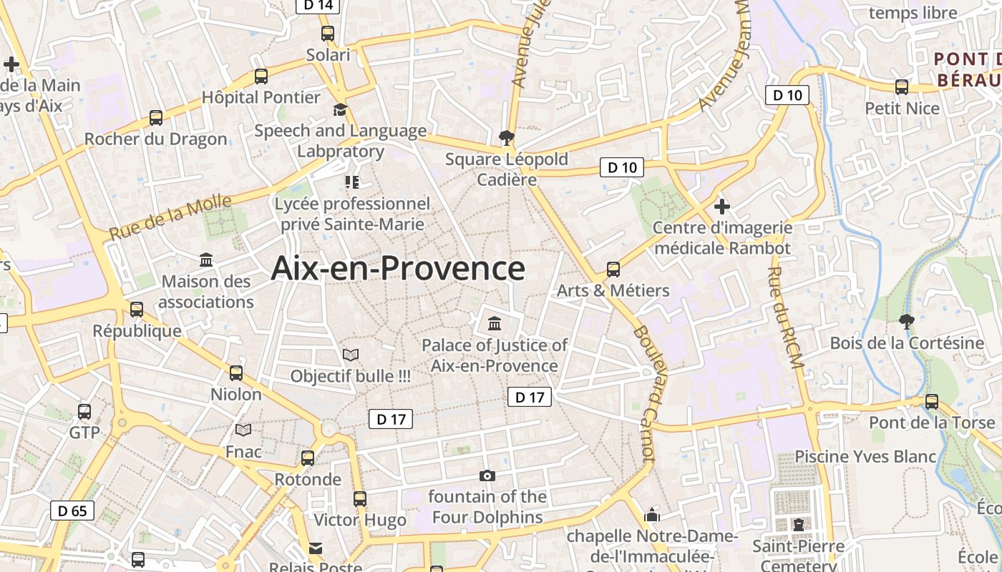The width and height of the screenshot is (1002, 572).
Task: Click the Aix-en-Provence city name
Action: [x=398, y=269]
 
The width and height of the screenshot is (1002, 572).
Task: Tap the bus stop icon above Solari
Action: [x=328, y=33]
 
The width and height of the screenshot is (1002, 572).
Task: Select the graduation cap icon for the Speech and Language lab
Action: [x=340, y=109]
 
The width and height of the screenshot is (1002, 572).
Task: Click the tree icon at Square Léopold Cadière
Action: [x=507, y=137]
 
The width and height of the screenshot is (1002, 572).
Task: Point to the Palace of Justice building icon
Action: [x=495, y=324]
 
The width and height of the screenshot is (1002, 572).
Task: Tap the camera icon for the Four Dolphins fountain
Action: [x=487, y=475]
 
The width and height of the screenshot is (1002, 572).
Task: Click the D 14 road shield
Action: [x=318, y=6]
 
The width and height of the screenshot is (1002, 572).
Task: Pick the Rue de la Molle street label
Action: [x=170, y=217]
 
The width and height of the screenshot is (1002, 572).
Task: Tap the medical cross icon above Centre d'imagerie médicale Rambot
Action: [x=722, y=207]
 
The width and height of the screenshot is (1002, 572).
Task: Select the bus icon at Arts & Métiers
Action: [x=613, y=270]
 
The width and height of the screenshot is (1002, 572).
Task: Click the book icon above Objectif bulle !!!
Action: [x=351, y=355]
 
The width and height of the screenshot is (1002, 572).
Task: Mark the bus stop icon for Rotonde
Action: [x=308, y=458]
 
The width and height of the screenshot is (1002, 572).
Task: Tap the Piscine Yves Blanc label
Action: [x=865, y=456]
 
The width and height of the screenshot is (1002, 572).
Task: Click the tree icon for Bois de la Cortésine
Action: [x=907, y=322]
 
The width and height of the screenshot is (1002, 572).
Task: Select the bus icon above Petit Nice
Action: [x=902, y=87]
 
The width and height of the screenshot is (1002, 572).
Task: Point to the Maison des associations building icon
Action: [x=206, y=260]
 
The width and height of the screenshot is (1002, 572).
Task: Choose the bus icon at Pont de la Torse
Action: [x=932, y=402]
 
